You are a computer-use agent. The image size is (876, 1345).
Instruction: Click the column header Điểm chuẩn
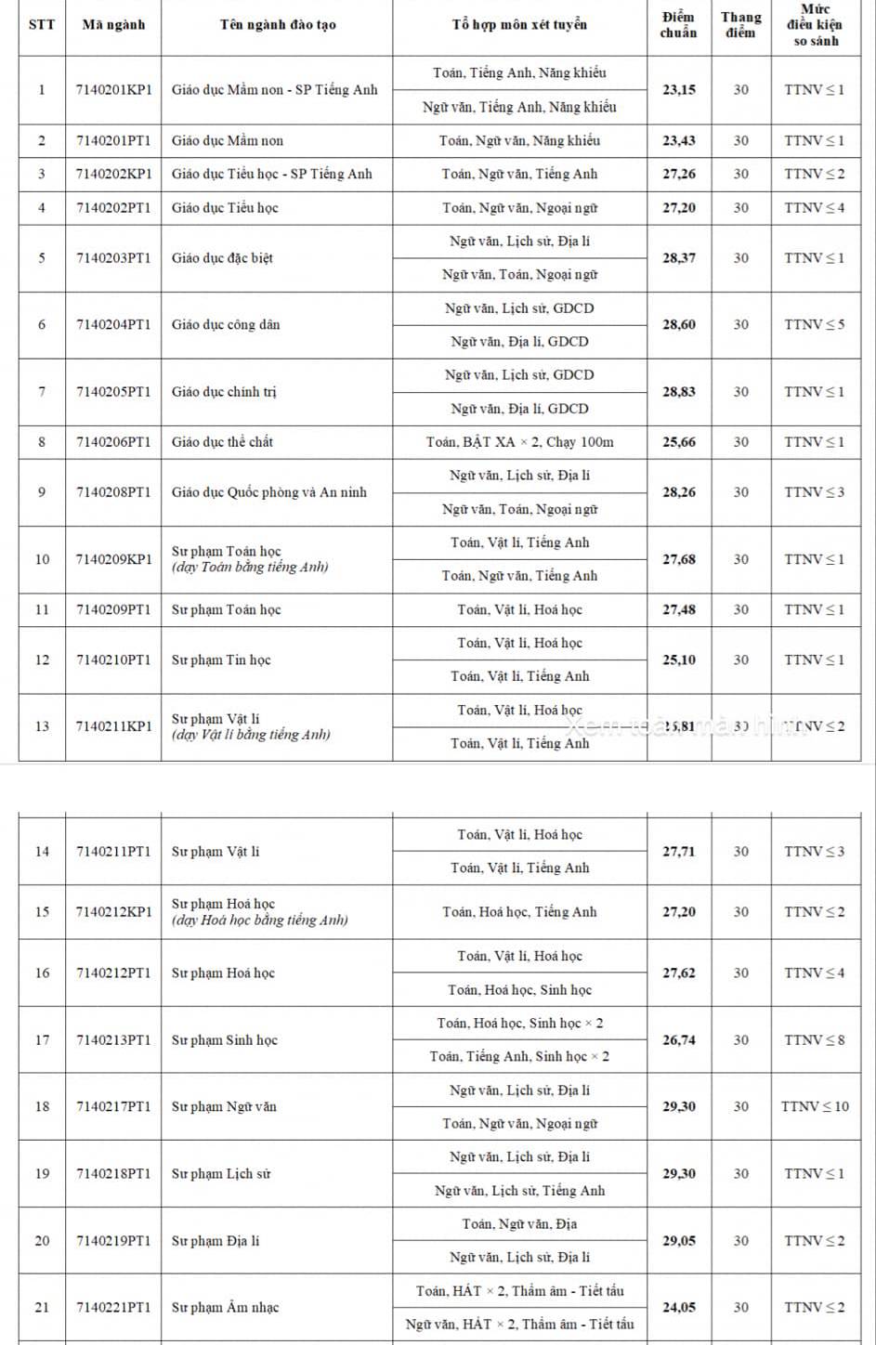[678, 25]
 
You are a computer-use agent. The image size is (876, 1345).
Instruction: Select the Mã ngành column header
[113, 25]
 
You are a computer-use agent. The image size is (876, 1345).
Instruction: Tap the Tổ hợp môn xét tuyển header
[519, 25]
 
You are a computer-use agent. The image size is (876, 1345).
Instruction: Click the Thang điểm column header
[740, 25]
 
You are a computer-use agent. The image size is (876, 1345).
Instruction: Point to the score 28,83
[678, 392]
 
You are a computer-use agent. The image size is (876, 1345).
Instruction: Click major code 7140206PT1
[113, 442]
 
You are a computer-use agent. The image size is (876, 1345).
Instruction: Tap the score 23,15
[678, 90]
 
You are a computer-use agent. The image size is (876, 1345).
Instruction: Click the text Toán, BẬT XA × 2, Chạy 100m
[519, 442]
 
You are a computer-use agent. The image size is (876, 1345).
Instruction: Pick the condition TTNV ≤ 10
[815, 1106]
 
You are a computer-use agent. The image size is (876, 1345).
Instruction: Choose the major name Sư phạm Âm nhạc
[225, 1307]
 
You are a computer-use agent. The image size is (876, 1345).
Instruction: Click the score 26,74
[678, 1040]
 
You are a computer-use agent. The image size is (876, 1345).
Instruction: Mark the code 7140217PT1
[113, 1106]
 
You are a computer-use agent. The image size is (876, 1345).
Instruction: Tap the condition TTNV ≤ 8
[815, 1040]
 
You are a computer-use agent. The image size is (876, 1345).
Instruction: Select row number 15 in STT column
[42, 912]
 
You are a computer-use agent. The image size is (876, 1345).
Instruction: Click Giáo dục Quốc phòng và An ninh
[268, 492]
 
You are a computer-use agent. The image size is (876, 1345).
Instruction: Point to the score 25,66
[678, 442]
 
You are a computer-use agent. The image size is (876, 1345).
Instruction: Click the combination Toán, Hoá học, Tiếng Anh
[519, 912]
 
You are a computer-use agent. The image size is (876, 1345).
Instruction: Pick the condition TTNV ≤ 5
[815, 325]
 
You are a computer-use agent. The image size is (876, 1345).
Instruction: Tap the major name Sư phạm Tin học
[221, 660]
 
